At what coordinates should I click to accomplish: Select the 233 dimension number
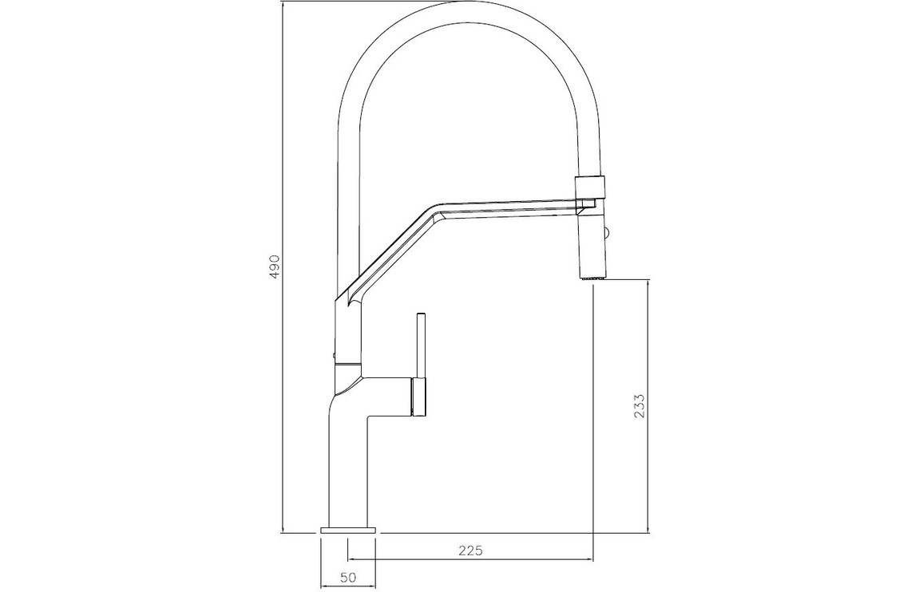point(640,406)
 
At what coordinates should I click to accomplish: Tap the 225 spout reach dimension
point(469,551)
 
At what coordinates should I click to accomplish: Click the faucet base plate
point(347,531)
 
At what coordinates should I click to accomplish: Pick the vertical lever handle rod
point(421,346)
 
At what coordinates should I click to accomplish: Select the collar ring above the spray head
point(589,187)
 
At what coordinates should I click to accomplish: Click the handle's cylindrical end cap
point(418,397)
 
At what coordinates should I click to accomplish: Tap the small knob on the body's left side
point(333,354)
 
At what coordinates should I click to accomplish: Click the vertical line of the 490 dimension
point(283,267)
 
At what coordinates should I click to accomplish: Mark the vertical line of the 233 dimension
point(648,406)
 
